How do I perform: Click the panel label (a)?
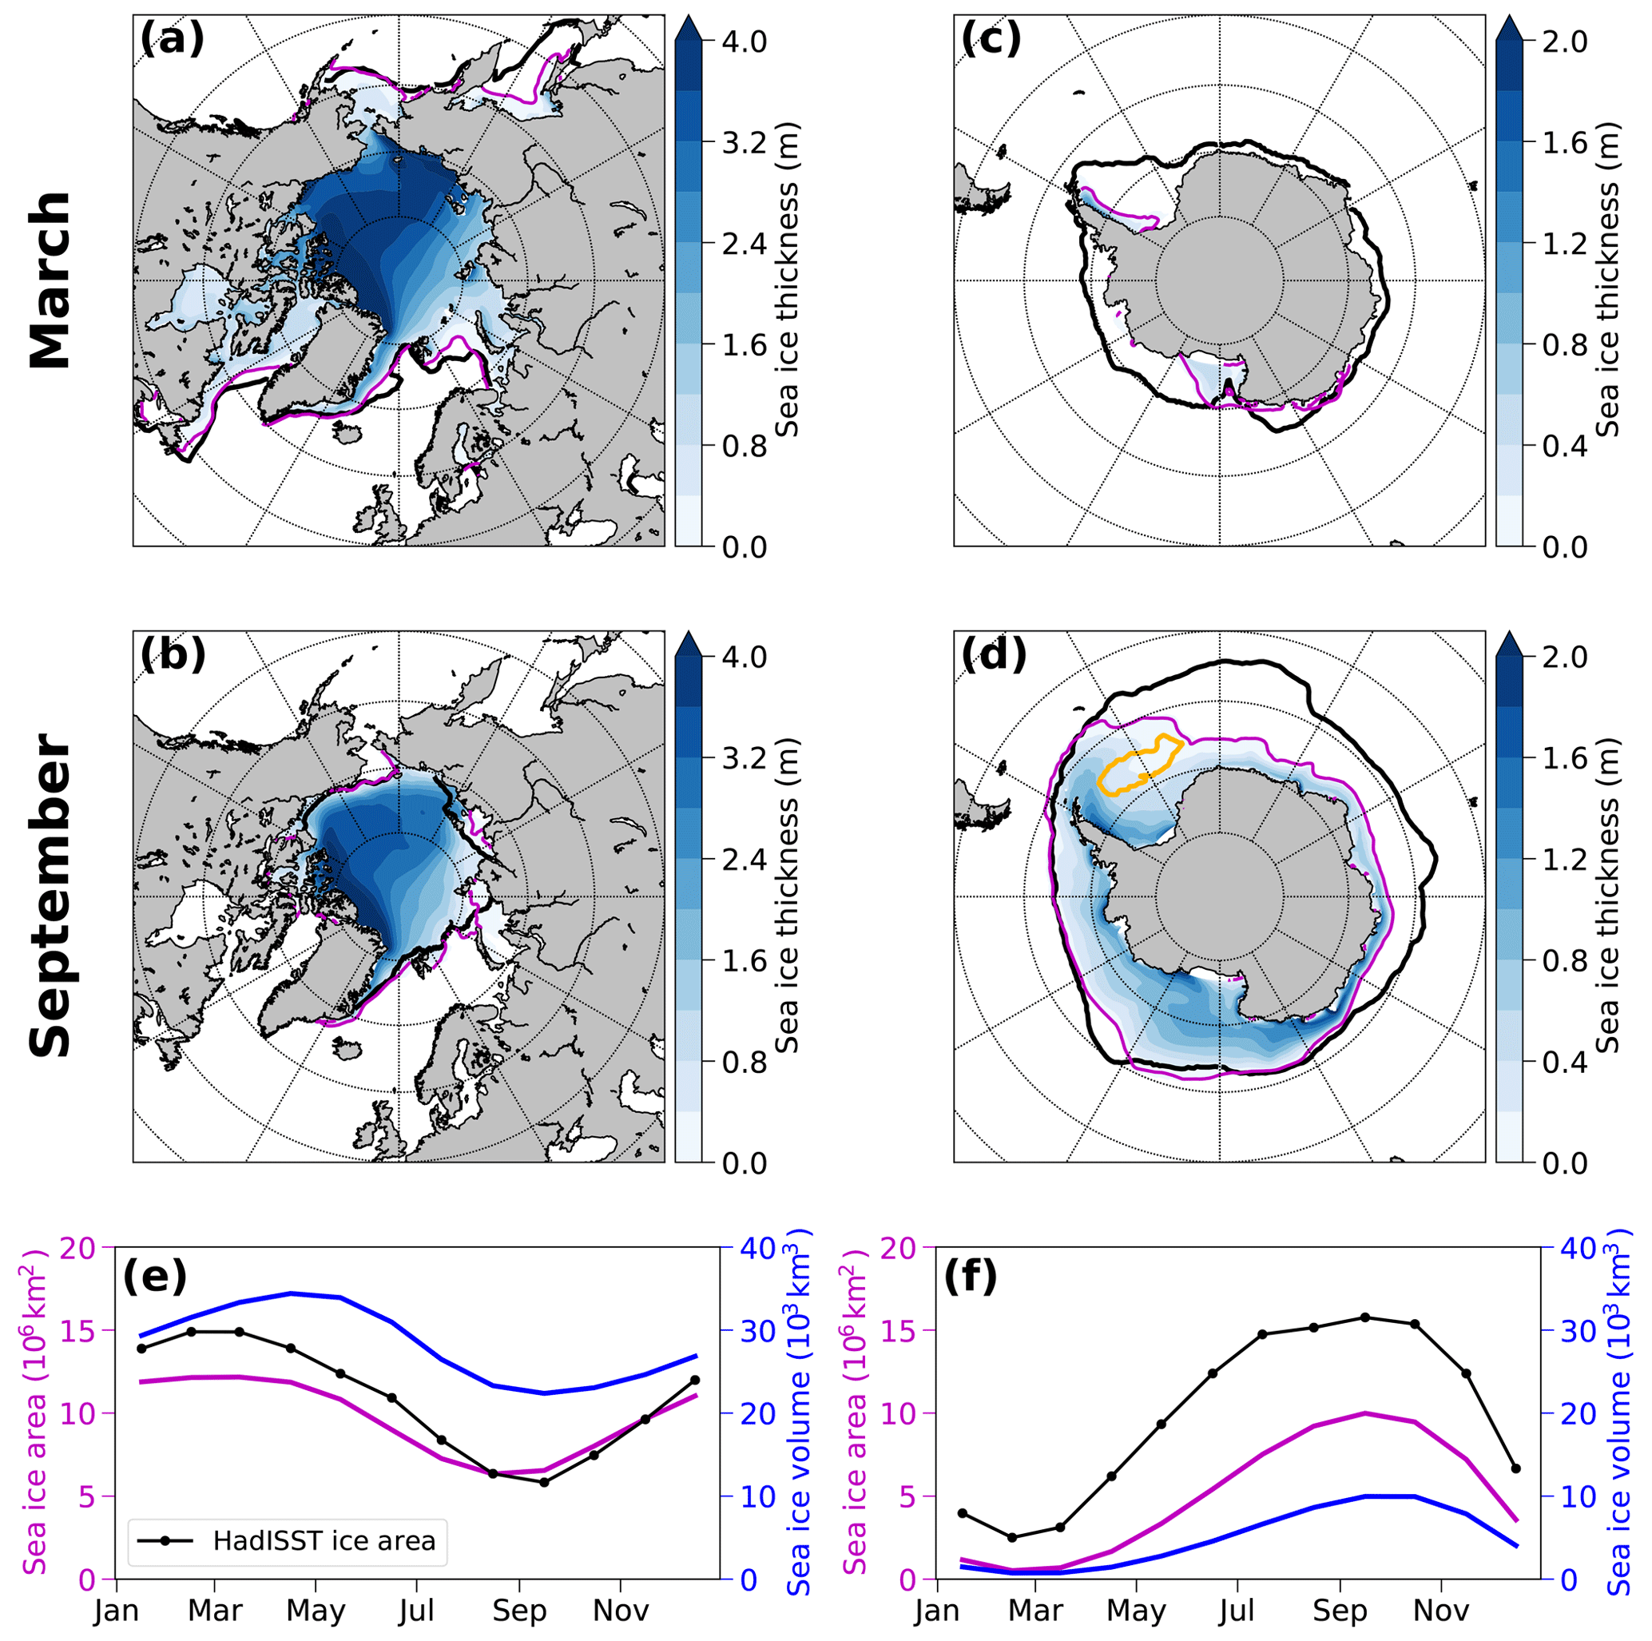click(x=172, y=38)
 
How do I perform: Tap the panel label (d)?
click(x=994, y=654)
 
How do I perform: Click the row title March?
click(x=50, y=280)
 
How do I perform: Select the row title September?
click(x=50, y=896)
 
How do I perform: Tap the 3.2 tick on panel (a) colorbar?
click(x=744, y=142)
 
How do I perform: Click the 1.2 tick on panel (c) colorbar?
click(x=1564, y=244)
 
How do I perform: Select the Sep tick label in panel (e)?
click(x=519, y=1611)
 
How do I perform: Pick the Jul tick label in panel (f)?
click(x=1237, y=1611)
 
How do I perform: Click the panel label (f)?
click(x=970, y=1277)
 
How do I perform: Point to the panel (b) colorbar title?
click(x=787, y=896)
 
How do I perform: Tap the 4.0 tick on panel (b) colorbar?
click(x=744, y=657)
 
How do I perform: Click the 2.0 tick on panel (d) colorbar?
click(x=1564, y=657)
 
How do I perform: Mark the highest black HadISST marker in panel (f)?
click(x=1364, y=1317)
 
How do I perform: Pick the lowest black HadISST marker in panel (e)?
click(x=544, y=1482)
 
